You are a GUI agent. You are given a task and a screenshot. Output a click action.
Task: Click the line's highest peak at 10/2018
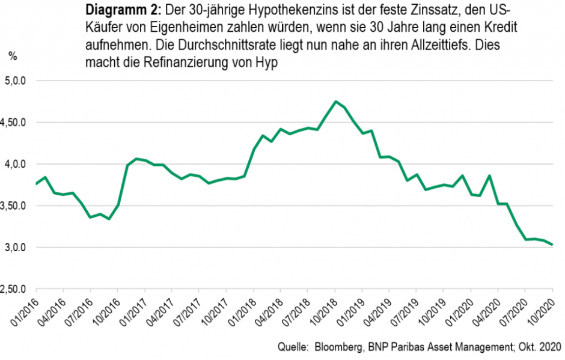[x=335, y=102]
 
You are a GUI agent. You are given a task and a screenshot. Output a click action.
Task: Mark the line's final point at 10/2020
[x=552, y=245]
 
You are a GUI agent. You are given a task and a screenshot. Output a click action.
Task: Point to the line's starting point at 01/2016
[x=36, y=184]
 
